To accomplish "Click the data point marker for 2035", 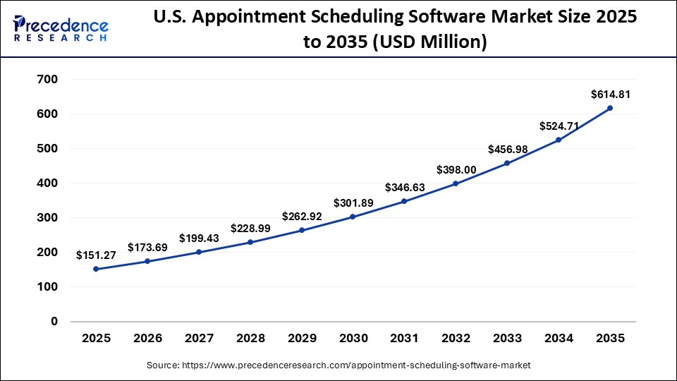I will (x=610, y=108).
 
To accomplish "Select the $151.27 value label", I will (x=96, y=255).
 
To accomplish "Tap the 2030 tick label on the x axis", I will (x=353, y=339).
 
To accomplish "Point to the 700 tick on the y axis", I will (x=47, y=79).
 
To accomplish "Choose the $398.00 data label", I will (x=456, y=169).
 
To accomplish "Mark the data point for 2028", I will (x=250, y=242).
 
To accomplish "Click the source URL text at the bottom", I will (x=338, y=365).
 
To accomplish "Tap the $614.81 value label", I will (x=610, y=94).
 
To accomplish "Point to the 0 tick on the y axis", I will (x=54, y=322).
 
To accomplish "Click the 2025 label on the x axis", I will (x=96, y=339).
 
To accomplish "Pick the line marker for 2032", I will (x=456, y=183).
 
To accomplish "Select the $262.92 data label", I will (x=301, y=217).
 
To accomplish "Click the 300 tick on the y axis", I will (x=47, y=218).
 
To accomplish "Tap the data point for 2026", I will (x=147, y=261).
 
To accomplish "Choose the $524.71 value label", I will (x=559, y=126).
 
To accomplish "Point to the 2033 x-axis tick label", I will (x=507, y=339).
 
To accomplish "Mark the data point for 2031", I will (x=404, y=201).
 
